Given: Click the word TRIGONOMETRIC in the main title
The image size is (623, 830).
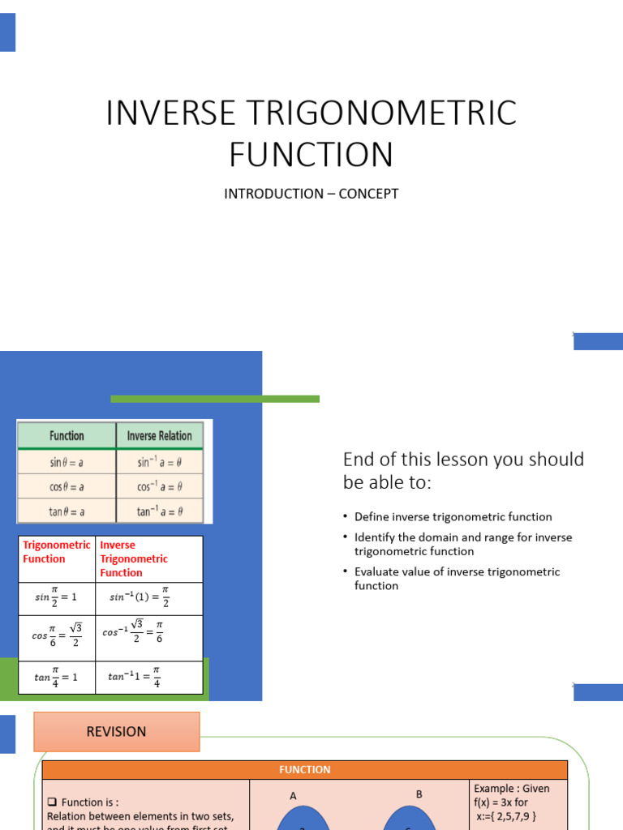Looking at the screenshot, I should coord(389,113).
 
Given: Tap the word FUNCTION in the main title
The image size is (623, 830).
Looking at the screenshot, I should coord(311,154).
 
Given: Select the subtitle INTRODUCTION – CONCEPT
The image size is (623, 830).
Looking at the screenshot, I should coord(311,194).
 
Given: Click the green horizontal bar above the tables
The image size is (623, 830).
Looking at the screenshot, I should coord(215,399).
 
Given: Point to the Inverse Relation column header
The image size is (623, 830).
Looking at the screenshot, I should coord(160,435).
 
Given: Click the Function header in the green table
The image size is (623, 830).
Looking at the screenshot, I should coord(67,435).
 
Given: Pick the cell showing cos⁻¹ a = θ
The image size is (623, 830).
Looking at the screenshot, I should coord(160,486).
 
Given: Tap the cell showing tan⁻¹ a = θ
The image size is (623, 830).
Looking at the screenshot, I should coord(160,511).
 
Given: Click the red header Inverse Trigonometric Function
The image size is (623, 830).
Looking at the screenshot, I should coord(134,558).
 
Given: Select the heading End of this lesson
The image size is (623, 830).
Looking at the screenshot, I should coord(463,471).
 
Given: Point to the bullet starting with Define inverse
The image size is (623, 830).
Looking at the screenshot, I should coord(453,516).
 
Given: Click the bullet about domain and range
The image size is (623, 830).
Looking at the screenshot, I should coord(463,544).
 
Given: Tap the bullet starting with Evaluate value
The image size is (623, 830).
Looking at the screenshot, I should coord(457,578).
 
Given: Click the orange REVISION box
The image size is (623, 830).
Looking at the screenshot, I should coord(117,731).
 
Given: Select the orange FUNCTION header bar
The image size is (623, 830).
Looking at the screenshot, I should coord(305,770).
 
